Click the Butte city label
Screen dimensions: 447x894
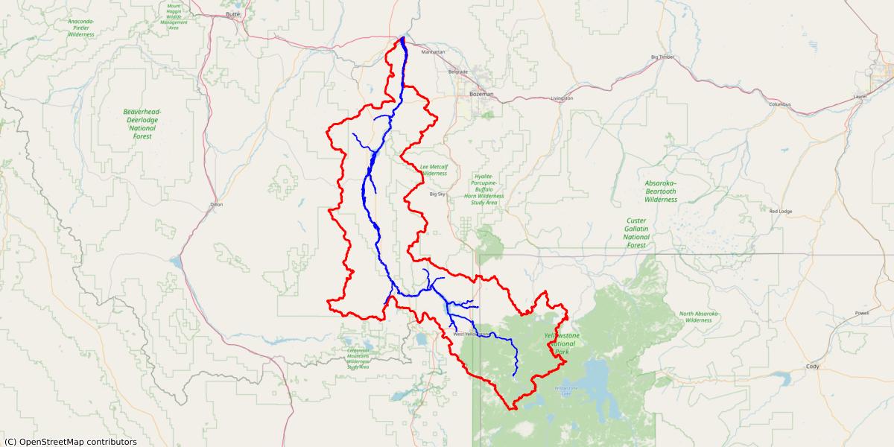click(x=234, y=14)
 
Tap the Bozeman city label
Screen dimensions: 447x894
click(x=482, y=94)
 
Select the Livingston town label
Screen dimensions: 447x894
click(x=562, y=98)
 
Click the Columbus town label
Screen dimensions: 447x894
click(x=780, y=104)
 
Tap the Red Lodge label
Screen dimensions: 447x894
click(x=780, y=211)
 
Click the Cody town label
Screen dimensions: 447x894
click(x=812, y=367)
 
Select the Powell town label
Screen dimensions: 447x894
click(x=862, y=313)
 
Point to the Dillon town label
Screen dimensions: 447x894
click(x=217, y=203)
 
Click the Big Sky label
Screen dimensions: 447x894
click(x=437, y=194)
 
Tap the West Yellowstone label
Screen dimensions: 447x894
click(x=471, y=334)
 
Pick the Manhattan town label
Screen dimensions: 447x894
click(x=433, y=52)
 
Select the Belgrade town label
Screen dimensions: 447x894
click(x=457, y=72)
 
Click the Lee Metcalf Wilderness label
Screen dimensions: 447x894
click(x=433, y=170)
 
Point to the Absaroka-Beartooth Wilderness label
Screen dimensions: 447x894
click(x=661, y=191)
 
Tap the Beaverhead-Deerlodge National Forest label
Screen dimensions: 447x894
click(x=142, y=124)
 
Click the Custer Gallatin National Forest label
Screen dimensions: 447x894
click(x=636, y=232)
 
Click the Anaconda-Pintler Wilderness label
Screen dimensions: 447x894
click(x=81, y=28)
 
